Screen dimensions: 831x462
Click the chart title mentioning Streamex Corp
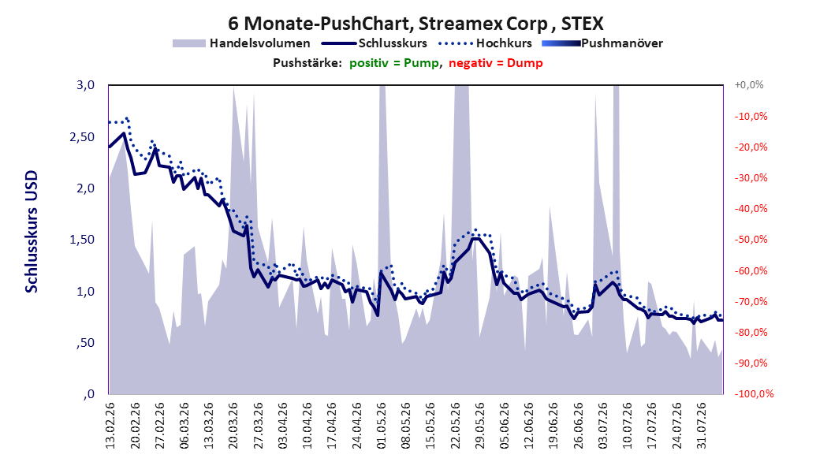(415, 24)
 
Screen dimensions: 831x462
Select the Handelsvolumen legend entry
(241, 43)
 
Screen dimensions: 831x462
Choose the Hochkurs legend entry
(485, 43)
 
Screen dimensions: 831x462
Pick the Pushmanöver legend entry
(602, 43)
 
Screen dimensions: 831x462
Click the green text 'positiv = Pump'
(393, 63)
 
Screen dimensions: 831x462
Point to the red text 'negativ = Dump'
(496, 63)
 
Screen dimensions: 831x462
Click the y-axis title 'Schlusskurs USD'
(32, 232)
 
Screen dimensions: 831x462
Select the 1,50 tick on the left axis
(82, 240)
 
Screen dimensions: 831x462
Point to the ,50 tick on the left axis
(85, 343)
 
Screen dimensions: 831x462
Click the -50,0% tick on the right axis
(751, 240)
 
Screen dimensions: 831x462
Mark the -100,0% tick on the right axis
(754, 393)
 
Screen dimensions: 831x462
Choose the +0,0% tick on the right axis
(749, 85)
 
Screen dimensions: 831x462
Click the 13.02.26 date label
(110, 426)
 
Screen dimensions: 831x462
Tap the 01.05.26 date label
(382, 426)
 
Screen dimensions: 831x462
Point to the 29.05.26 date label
(480, 426)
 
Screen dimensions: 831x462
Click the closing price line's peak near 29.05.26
(475, 238)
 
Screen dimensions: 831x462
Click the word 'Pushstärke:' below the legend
(307, 63)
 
